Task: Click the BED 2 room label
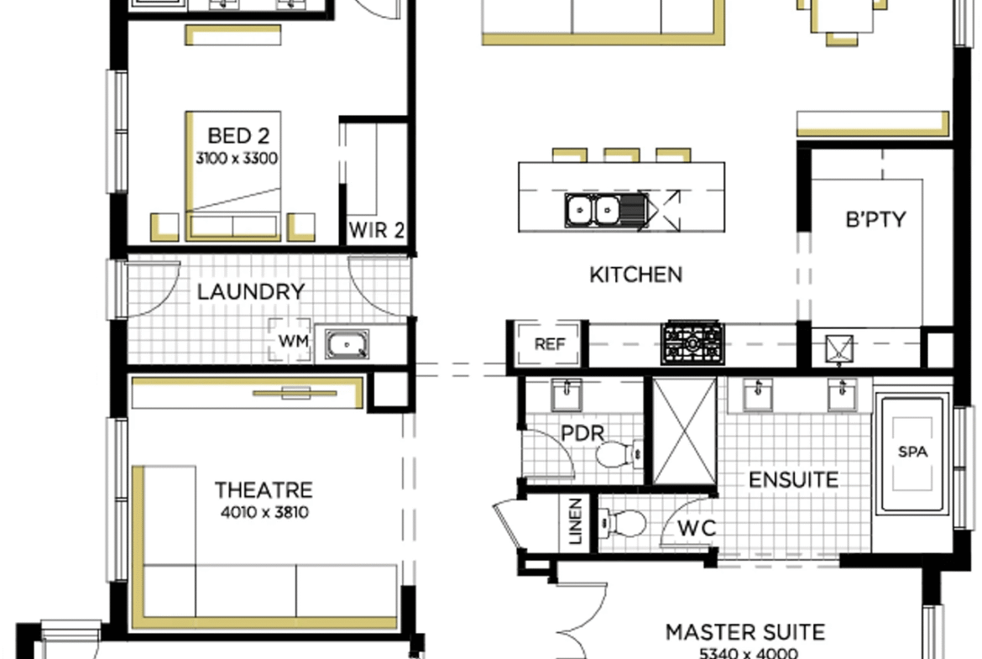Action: [238, 136]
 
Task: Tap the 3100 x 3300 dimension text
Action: [237, 159]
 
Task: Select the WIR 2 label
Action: [376, 230]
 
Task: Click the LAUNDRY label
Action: [250, 291]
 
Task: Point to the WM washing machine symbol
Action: [290, 340]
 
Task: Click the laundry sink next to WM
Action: [347, 344]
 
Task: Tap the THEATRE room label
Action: [264, 490]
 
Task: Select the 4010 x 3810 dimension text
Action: [264, 512]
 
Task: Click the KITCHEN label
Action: [635, 275]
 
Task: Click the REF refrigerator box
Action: [549, 343]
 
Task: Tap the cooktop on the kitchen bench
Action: [692, 343]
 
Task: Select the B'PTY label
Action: [875, 219]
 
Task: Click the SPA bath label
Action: [912, 452]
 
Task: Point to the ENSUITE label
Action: [793, 480]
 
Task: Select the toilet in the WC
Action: [622, 524]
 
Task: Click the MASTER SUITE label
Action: [744, 632]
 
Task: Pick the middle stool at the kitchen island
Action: [621, 154]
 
